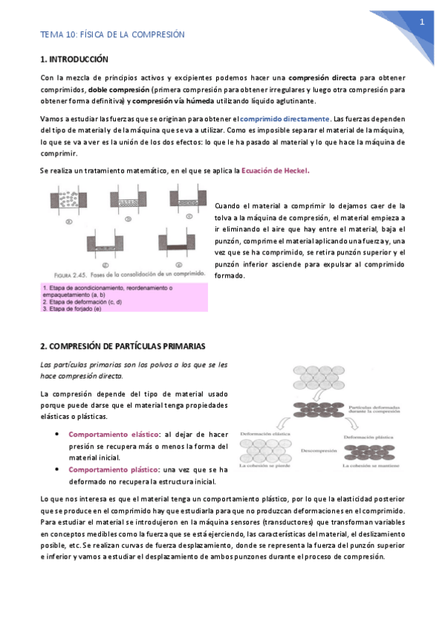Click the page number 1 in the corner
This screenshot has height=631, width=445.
[422, 22]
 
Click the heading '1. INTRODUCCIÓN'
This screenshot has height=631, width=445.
[74, 59]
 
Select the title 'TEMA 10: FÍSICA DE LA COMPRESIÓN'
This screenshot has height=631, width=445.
[112, 35]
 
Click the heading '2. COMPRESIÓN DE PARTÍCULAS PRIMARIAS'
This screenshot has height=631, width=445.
[123, 347]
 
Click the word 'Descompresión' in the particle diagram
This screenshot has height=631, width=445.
[320, 451]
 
